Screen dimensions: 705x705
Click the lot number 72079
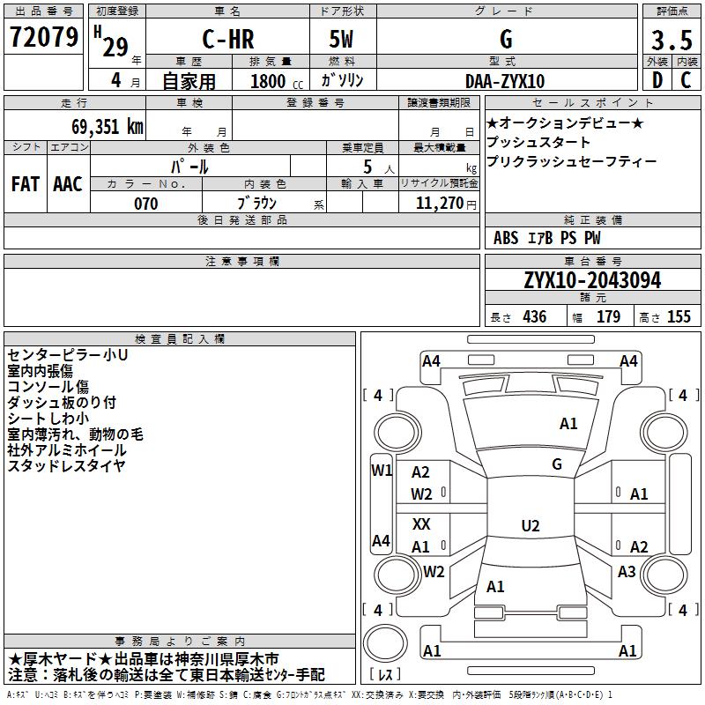pyautogui.click(x=43, y=37)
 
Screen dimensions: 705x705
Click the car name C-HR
pyautogui.click(x=228, y=39)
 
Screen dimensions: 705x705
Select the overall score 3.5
pyautogui.click(x=672, y=40)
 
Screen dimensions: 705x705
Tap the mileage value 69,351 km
pyautogui.click(x=107, y=127)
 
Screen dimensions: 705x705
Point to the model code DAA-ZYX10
pyautogui.click(x=505, y=81)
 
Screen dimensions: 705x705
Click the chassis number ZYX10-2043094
pyautogui.click(x=592, y=280)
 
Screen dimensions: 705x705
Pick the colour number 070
pyautogui.click(x=145, y=204)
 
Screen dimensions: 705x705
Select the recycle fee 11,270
pyautogui.click(x=439, y=204)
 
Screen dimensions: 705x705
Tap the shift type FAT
pyautogui.click(x=26, y=184)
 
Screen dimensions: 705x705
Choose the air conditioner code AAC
pyautogui.click(x=68, y=184)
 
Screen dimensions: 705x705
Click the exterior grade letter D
pyautogui.click(x=657, y=80)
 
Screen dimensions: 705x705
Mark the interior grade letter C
pyautogui.click(x=686, y=80)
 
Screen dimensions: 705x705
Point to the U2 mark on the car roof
pyautogui.click(x=531, y=525)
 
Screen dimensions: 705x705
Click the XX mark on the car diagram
pyautogui.click(x=421, y=523)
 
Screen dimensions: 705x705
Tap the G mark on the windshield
pyautogui.click(x=557, y=464)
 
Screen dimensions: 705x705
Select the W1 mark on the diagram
pyautogui.click(x=382, y=471)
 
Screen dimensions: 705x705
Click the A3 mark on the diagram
pyautogui.click(x=627, y=571)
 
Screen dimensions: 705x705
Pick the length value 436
pyautogui.click(x=534, y=316)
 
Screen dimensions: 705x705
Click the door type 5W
pyautogui.click(x=341, y=39)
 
